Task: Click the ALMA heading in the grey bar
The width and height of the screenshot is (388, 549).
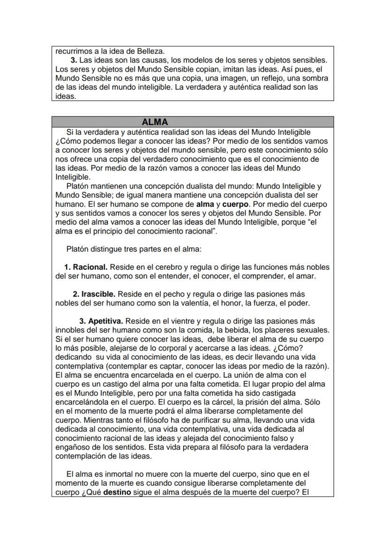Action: click(155, 122)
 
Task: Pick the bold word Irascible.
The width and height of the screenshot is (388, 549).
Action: click(98, 294)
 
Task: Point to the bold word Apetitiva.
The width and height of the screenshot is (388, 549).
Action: click(105, 321)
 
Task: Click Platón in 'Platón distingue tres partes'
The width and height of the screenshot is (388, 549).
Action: click(79, 249)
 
